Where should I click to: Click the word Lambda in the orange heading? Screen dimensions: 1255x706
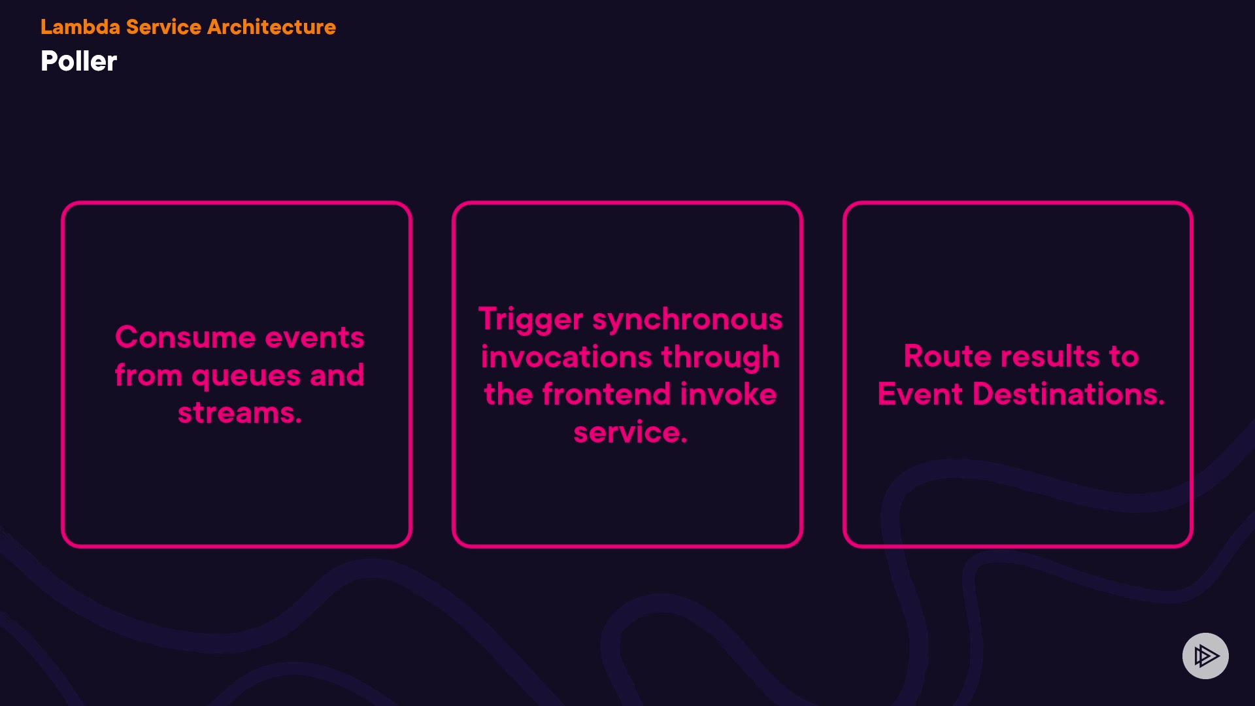tap(80, 27)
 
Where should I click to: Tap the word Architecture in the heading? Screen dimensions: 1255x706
tap(271, 27)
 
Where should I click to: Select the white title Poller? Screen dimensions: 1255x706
tap(78, 61)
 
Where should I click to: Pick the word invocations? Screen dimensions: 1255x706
tap(567, 357)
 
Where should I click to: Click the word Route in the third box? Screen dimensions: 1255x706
tap(948, 356)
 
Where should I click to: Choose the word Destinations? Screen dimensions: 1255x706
tap(1069, 394)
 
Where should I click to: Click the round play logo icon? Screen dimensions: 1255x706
tap(1205, 656)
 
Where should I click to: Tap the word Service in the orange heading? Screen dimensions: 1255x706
tap(163, 27)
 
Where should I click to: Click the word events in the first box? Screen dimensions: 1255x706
tap(314, 338)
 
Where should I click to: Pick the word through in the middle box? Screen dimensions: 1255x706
tap(720, 358)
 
